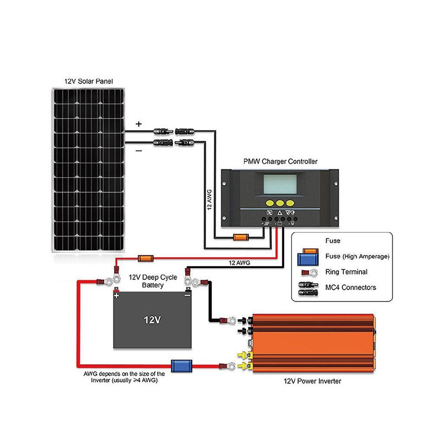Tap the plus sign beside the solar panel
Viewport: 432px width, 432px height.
(x=139, y=124)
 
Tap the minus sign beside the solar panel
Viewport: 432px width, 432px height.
(x=138, y=151)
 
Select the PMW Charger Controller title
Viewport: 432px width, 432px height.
(x=280, y=161)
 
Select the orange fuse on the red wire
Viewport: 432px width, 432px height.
(x=144, y=259)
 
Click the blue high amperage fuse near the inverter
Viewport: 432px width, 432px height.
(x=178, y=366)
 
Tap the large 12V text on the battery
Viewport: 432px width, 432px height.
(x=152, y=320)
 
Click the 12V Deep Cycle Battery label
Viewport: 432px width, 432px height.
(x=153, y=281)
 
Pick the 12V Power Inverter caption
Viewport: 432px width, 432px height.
(x=312, y=381)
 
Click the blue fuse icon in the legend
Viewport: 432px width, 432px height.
(x=307, y=259)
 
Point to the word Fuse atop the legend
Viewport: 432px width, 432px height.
(x=333, y=241)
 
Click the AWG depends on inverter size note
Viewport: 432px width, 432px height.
(x=124, y=377)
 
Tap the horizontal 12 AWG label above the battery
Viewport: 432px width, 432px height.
(x=239, y=262)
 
